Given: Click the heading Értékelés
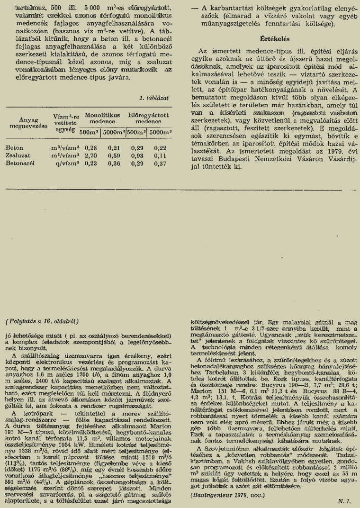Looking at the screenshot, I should [274, 37].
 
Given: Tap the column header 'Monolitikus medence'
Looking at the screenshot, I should [103, 118].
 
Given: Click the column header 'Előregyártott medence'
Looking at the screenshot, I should [149, 118].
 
